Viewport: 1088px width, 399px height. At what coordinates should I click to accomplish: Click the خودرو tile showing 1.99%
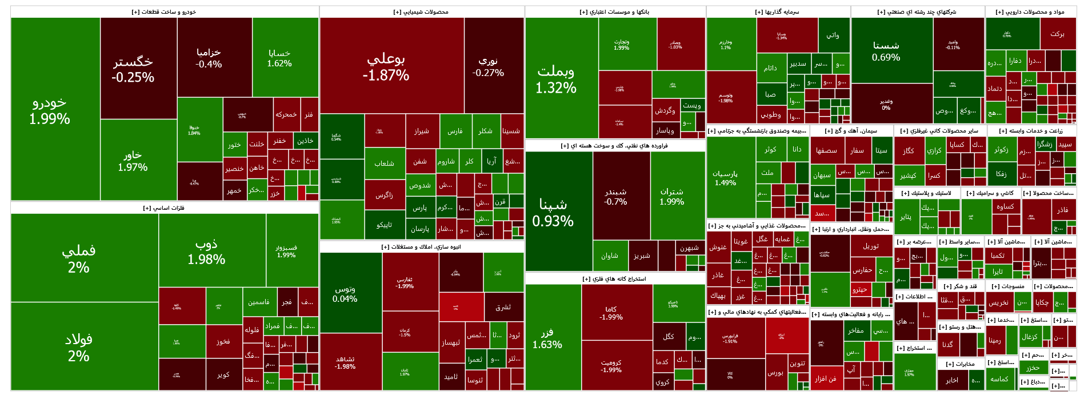click(x=50, y=110)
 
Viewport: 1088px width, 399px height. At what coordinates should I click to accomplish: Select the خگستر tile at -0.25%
click(x=133, y=69)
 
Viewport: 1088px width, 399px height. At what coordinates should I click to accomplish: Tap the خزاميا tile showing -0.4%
click(x=209, y=58)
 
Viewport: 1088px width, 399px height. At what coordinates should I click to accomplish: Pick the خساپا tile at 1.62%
click(x=279, y=58)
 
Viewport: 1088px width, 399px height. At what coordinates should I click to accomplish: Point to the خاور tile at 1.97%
click(x=133, y=161)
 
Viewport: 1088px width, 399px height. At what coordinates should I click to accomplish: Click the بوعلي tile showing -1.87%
click(x=386, y=66)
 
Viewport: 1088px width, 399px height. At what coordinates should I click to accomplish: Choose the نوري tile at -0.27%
click(x=488, y=66)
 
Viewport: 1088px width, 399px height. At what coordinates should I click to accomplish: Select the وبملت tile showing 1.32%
click(x=556, y=79)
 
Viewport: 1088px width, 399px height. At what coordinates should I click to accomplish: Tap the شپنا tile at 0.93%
click(x=553, y=212)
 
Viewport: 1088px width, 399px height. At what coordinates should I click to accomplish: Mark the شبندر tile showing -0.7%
click(x=615, y=196)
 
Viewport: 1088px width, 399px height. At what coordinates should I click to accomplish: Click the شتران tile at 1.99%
click(x=671, y=196)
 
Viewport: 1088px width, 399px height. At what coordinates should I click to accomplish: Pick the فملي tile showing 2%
click(x=79, y=258)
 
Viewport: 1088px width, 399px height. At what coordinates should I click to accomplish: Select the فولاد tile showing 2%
click(x=79, y=347)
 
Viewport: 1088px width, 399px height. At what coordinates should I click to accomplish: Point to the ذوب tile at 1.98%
click(x=206, y=252)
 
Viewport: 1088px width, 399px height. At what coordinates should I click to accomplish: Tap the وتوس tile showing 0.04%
click(x=345, y=293)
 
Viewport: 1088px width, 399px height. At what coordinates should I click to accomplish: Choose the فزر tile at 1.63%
click(x=547, y=338)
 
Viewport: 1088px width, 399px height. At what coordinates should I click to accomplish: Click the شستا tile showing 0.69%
click(x=886, y=51)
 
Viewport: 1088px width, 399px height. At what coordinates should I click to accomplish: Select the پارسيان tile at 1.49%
click(x=725, y=177)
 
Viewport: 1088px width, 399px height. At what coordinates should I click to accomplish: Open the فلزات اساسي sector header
click(x=164, y=208)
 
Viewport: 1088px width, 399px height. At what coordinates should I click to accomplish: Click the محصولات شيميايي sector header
click(x=421, y=12)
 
